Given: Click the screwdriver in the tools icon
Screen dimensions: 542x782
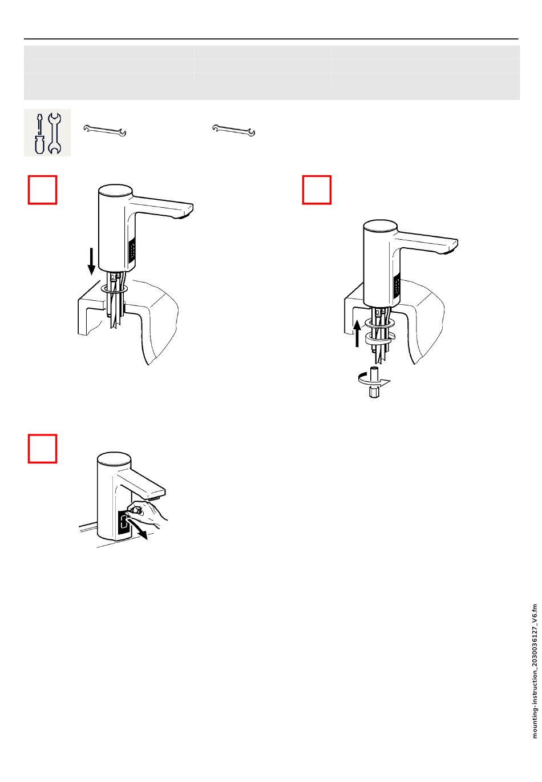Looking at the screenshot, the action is tap(39, 134).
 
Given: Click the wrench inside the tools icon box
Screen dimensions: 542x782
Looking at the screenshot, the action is tap(54, 133).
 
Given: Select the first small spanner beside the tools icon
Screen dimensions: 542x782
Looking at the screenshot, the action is tap(105, 131).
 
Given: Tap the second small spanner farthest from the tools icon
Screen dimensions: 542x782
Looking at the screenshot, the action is tap(233, 130).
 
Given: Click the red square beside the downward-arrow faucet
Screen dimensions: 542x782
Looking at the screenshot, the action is tap(43, 190).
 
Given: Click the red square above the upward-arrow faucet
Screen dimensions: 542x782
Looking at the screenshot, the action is tap(317, 190).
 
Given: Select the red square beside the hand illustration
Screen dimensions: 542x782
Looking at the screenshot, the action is tap(43, 449).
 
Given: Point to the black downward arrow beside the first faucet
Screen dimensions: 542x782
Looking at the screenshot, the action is tap(91, 261).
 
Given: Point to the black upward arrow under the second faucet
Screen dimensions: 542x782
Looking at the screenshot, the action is tap(357, 333).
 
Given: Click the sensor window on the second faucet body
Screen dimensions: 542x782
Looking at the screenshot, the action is tap(397, 285).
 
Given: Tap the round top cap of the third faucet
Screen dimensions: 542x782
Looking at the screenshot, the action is tap(113, 458).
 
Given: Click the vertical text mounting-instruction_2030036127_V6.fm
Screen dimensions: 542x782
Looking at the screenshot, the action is tap(535, 671).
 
